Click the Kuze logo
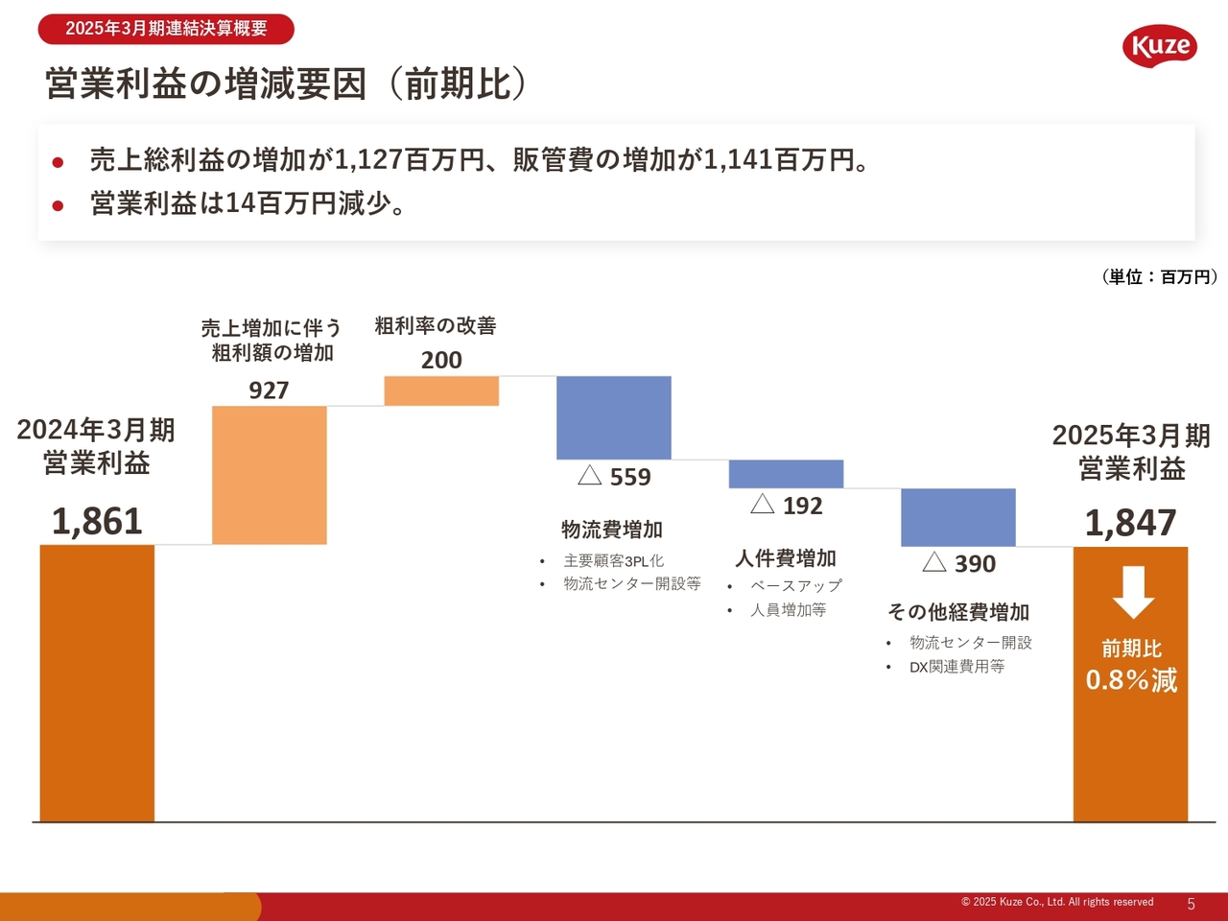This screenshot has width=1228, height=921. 1159,45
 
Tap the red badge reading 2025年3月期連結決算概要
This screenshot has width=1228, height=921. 166,29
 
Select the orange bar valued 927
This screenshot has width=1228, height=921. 269,475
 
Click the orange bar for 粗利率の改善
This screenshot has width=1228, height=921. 441,390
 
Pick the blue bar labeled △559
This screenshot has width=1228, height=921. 614,417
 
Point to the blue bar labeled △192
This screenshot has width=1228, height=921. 786,474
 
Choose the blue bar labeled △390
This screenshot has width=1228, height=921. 958,517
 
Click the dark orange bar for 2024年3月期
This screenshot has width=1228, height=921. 97,683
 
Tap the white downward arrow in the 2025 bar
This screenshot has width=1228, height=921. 1133,593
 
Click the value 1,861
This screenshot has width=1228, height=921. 97,521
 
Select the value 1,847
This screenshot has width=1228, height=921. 1131,523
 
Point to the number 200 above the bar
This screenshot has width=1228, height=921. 441,360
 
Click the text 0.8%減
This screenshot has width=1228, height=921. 1131,680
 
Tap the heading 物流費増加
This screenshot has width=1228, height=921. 612,530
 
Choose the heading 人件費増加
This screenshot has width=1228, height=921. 786,558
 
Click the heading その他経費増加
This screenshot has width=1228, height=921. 958,612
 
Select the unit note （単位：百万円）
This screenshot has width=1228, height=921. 1160,277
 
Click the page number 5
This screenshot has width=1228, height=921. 1192,905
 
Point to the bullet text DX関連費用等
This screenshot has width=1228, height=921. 957,667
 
